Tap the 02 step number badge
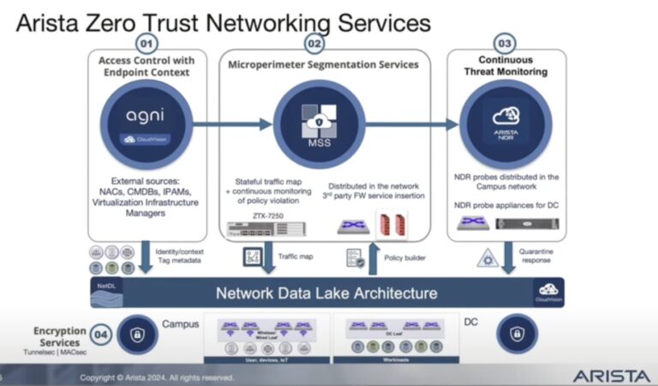click(x=314, y=42)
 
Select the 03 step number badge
click(x=505, y=42)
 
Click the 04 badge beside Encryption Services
click(x=102, y=334)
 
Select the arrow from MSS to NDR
click(x=402, y=124)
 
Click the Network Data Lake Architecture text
click(x=326, y=293)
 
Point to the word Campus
click(x=180, y=323)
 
